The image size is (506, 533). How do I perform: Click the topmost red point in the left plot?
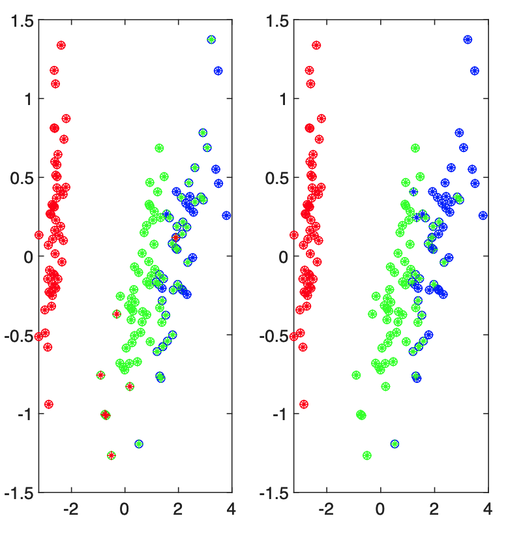coord(61,45)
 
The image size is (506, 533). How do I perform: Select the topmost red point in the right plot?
coord(317,45)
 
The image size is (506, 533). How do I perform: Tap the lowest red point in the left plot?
coord(49,404)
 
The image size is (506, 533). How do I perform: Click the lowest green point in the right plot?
coord(367,455)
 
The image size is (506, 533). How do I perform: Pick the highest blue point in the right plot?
coord(468,40)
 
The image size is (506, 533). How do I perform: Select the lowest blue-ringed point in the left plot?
coord(139,444)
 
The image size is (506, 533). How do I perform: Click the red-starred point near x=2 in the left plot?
coord(176,237)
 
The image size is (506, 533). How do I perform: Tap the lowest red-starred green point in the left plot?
coord(112,455)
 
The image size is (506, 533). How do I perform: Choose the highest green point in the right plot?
coord(415,148)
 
